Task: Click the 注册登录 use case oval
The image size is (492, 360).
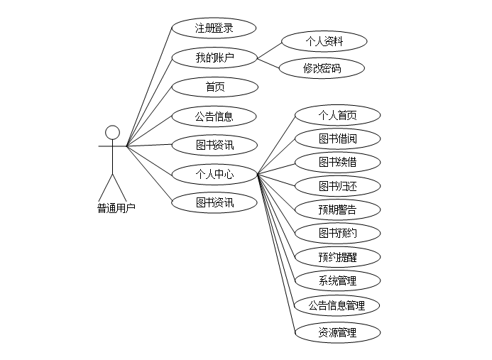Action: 214,28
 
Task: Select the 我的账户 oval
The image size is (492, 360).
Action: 214,58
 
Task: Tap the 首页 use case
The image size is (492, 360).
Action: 214,87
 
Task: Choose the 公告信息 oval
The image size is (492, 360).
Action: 214,116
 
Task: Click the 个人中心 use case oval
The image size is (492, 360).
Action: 214,173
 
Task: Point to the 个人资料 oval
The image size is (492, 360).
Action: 324,41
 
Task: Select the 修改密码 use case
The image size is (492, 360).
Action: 322,68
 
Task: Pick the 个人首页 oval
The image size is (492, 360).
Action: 337,115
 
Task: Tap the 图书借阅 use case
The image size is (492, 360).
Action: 337,138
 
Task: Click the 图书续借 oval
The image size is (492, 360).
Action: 337,162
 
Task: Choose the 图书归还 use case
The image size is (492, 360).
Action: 337,186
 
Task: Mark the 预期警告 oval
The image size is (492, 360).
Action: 337,209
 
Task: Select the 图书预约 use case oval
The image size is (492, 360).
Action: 337,233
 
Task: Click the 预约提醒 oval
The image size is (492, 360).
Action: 337,257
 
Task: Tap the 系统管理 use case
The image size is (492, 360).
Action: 337,280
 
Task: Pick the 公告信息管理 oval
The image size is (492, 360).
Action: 337,305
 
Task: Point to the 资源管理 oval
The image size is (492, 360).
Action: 337,332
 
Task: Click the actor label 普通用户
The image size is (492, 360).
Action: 116,208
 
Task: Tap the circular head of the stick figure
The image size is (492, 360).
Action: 112,133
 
